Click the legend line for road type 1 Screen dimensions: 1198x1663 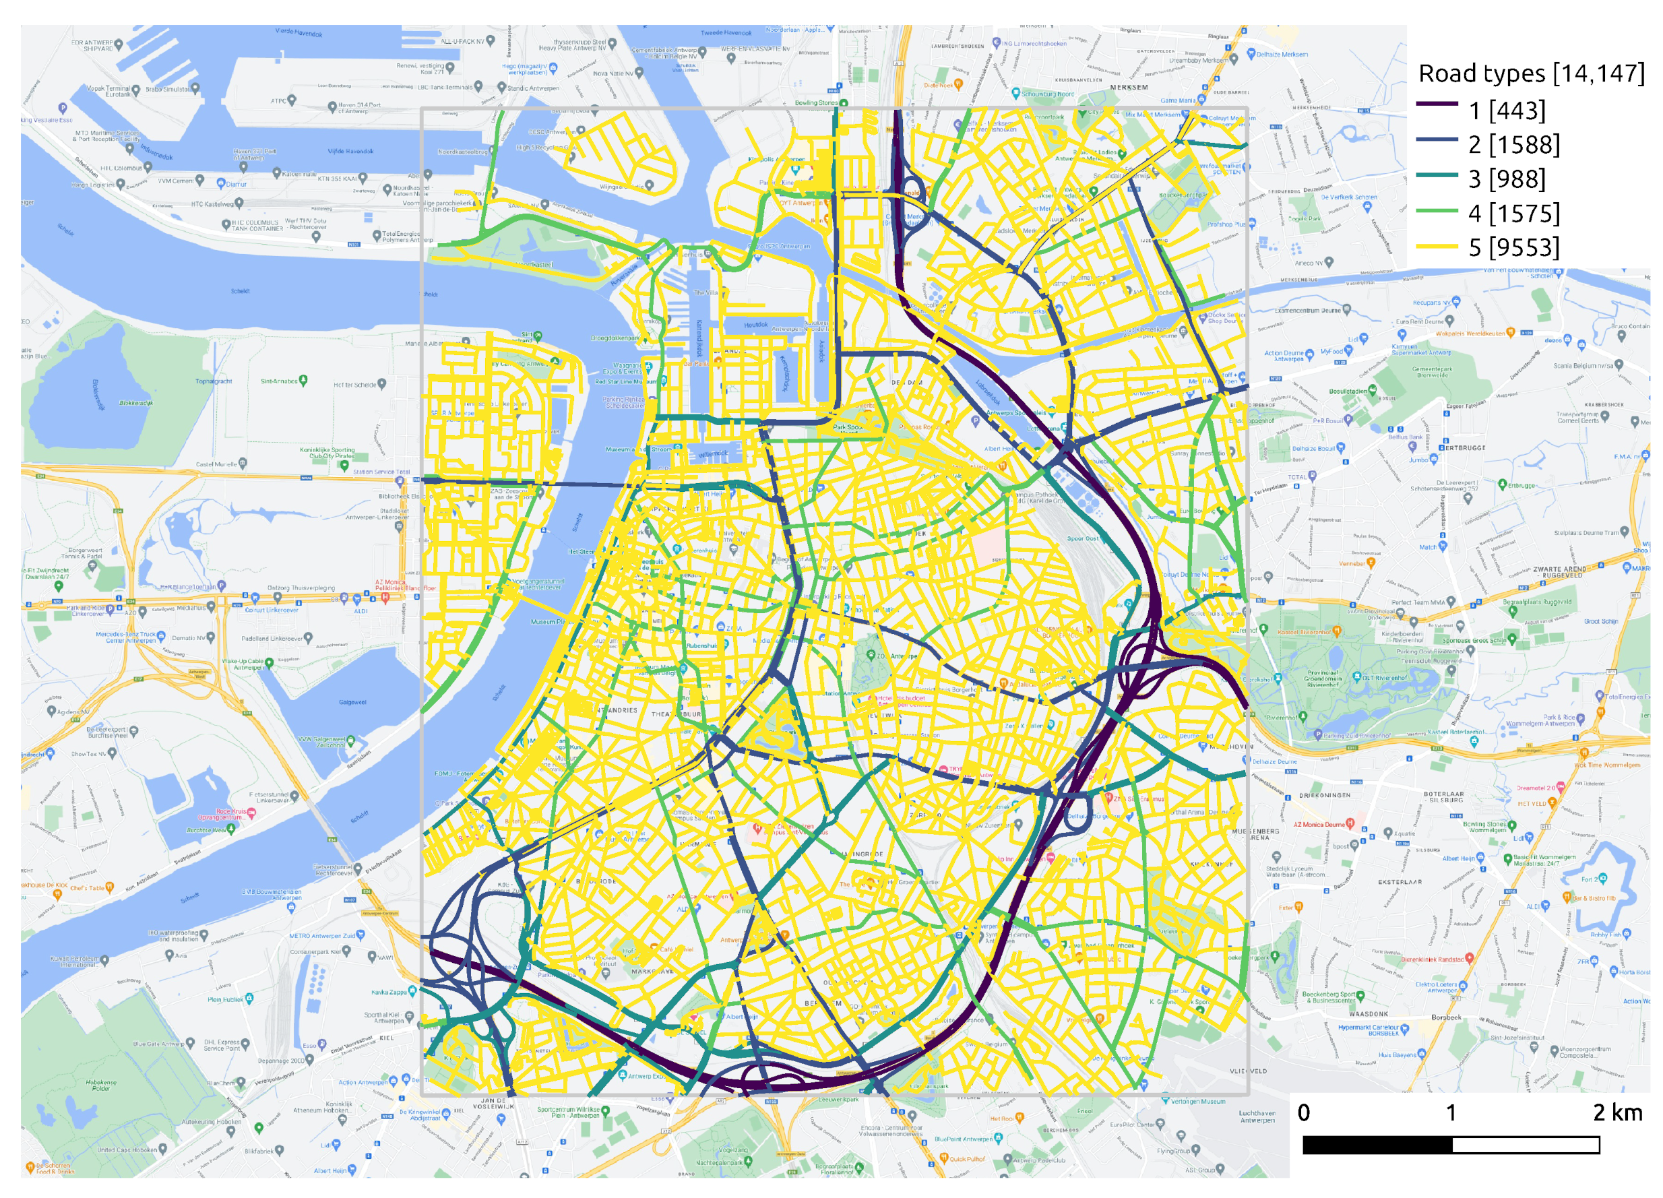pos(1437,104)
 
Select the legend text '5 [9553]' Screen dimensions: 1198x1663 pos(1513,248)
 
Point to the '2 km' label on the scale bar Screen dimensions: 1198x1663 pos(1617,1112)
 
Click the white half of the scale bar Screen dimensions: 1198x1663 pos(1525,1145)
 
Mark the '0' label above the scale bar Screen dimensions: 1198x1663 pos(1303,1112)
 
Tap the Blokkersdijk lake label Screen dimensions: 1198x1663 pos(135,403)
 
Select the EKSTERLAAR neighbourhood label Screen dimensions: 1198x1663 pos(1400,882)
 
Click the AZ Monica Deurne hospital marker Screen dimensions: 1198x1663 pos(1350,824)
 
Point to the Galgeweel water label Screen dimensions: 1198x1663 pos(352,701)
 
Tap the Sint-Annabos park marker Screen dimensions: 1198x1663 pos(303,381)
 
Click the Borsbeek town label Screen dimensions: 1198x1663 pos(1446,1017)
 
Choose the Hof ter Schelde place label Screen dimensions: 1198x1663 pos(355,385)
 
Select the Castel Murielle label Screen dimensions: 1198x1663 pos(216,464)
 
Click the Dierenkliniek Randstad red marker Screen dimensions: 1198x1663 pos(1431,959)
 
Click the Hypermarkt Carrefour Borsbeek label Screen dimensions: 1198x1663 pos(1369,1030)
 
